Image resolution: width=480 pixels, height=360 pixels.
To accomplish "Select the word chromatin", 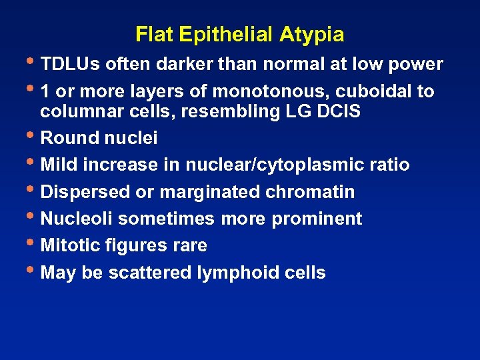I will click(310, 192).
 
